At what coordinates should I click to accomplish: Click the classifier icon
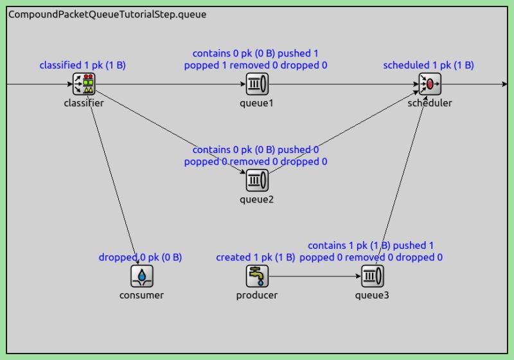[x=84, y=84]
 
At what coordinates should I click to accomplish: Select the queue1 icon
[x=257, y=84]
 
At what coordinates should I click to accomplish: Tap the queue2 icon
[x=257, y=180]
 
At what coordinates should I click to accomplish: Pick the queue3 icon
[x=373, y=276]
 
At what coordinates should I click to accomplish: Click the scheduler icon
[x=430, y=84]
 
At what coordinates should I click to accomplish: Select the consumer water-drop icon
[x=141, y=276]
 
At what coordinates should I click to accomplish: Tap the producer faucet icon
[x=257, y=276]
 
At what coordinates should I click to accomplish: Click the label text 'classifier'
[x=84, y=103]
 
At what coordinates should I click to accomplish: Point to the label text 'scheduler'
[x=430, y=103]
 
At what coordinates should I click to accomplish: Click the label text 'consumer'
[x=141, y=296]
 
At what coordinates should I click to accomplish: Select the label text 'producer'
[x=257, y=296]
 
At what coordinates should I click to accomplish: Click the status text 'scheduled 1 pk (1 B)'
[x=429, y=65]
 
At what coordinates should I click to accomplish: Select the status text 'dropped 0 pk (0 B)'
[x=140, y=257]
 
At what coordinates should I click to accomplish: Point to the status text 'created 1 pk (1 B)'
[x=256, y=257]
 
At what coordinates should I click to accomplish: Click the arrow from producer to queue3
[x=315, y=276]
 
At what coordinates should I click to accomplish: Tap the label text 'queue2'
[x=257, y=199]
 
